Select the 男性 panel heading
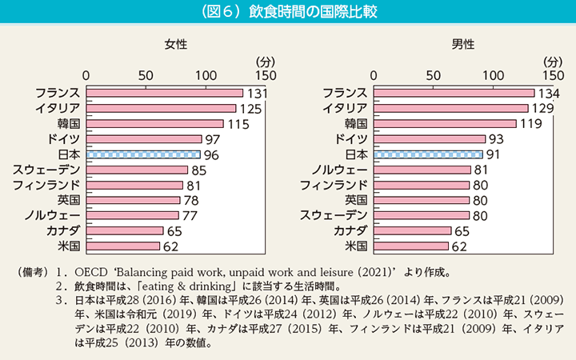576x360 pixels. coord(462,45)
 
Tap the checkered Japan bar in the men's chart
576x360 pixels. coord(428,154)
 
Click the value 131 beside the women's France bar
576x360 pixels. coord(256,94)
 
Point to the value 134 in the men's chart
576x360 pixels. coord(547,94)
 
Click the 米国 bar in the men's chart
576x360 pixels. coord(411,245)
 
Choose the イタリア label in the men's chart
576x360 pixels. coord(345,109)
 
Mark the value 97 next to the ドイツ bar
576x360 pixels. coord(212,139)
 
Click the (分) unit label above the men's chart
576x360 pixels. coord(551,61)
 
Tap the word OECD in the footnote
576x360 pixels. coord(90,270)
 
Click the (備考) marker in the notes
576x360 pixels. coord(33,270)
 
